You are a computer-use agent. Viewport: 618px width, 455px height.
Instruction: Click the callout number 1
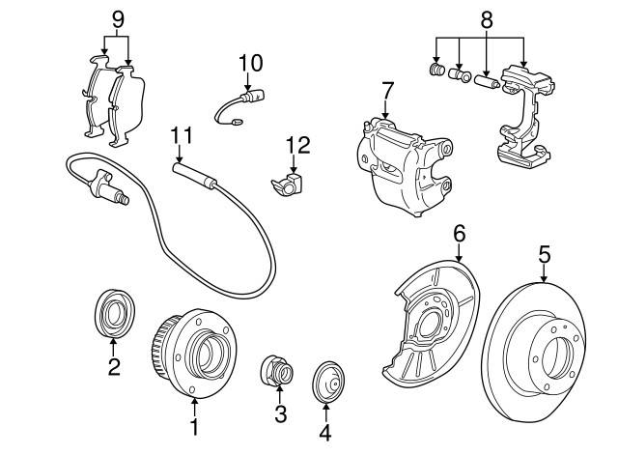pyautogui.click(x=194, y=426)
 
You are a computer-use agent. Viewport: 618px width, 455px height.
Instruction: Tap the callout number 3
pyautogui.click(x=280, y=415)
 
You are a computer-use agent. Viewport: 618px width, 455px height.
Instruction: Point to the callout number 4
pyautogui.click(x=325, y=432)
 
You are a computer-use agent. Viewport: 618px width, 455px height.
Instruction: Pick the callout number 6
pyautogui.click(x=460, y=233)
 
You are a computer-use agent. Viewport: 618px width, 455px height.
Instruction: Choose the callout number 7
pyautogui.click(x=387, y=91)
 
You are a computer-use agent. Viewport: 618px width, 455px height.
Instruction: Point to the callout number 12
pyautogui.click(x=297, y=145)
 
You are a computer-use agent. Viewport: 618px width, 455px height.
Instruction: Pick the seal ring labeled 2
pyautogui.click(x=113, y=313)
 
